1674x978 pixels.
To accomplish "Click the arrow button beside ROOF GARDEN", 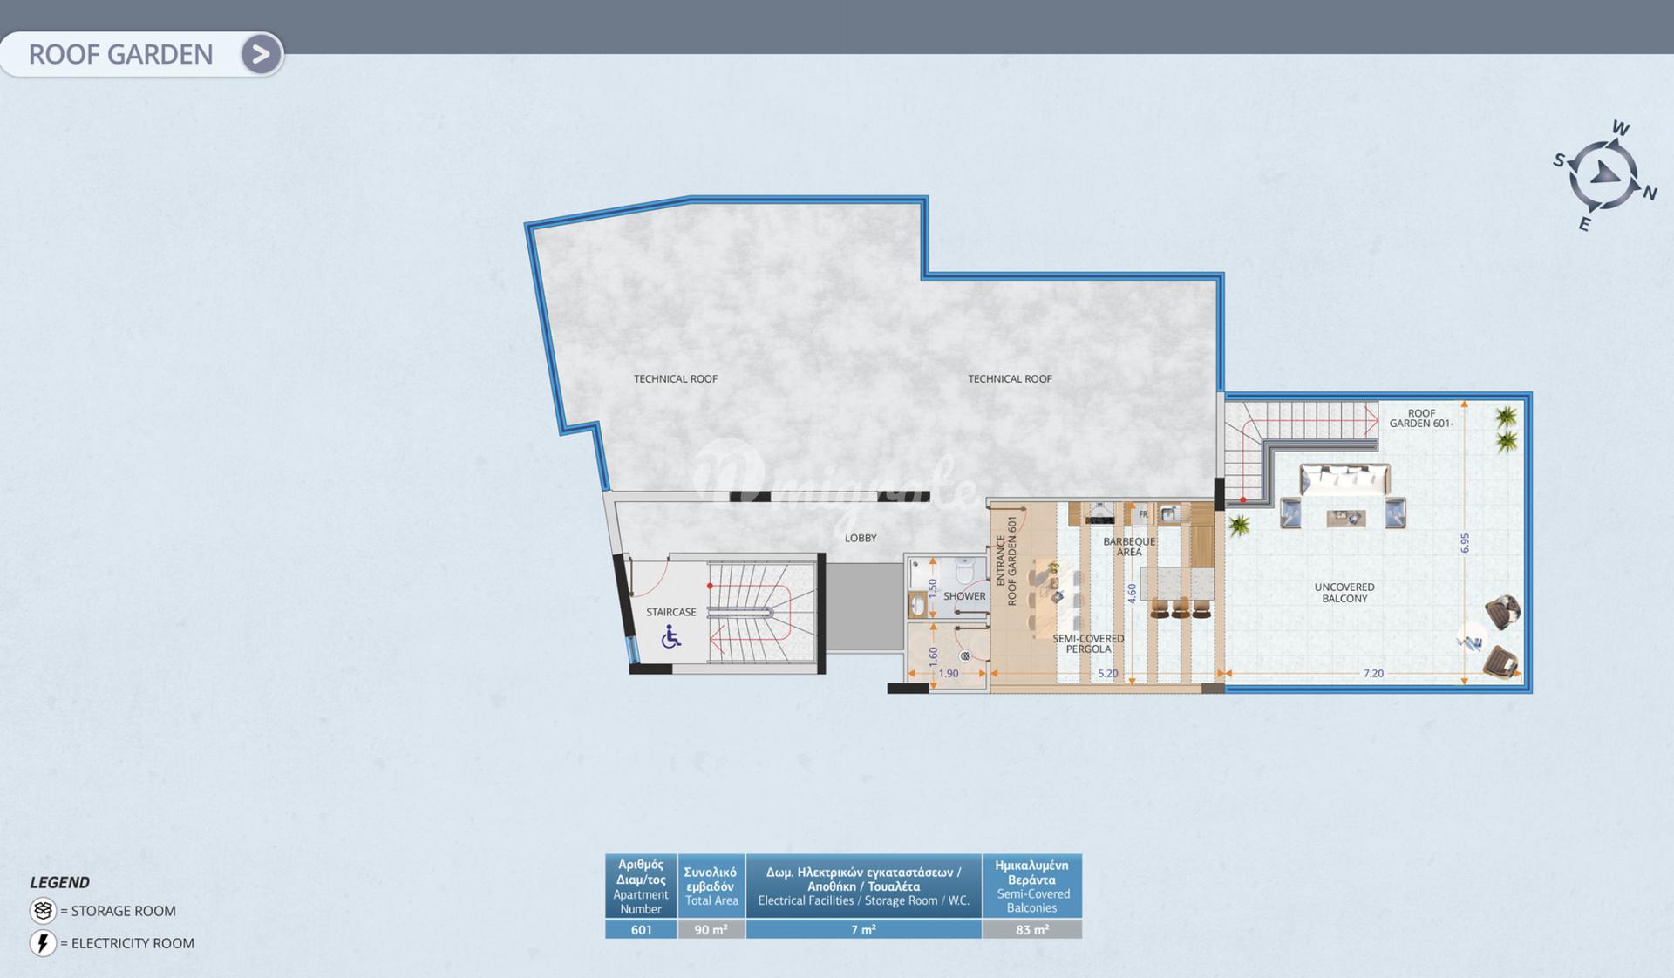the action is click(x=261, y=54).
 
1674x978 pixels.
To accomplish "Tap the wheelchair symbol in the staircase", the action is click(x=670, y=637).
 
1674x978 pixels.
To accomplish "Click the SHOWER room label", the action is click(x=964, y=596).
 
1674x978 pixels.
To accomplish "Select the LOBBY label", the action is click(x=861, y=538).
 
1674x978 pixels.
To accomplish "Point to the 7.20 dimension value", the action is click(x=1373, y=673).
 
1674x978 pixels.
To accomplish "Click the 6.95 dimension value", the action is click(x=1465, y=543).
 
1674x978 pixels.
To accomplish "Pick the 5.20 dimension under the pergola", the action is click(x=1107, y=673).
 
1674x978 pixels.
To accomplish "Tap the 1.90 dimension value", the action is click(x=948, y=673).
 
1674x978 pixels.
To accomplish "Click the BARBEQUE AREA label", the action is click(x=1129, y=547).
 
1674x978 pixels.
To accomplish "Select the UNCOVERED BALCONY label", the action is click(x=1344, y=593).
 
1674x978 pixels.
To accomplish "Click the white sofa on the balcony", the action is click(x=1344, y=479).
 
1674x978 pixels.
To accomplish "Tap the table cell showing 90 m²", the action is click(x=711, y=930).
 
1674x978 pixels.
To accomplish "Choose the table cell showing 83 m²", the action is click(x=1032, y=930).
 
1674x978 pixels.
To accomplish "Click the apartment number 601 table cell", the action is click(x=641, y=930).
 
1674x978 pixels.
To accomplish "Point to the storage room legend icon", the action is click(x=43, y=910).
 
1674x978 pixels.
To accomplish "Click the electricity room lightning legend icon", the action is click(x=43, y=943).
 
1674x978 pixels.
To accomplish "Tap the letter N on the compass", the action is click(x=1650, y=193).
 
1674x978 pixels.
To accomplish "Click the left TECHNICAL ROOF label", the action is click(x=676, y=378).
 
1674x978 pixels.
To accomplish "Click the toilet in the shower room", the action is click(x=965, y=572).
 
